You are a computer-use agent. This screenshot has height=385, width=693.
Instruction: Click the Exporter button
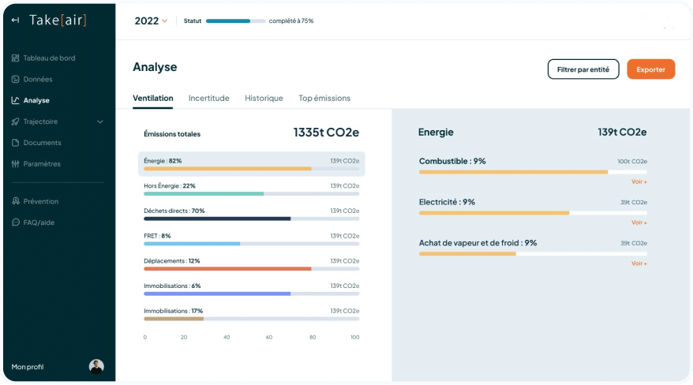pyautogui.click(x=650, y=69)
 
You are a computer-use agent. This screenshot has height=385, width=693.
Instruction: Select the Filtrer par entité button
pyautogui.click(x=582, y=69)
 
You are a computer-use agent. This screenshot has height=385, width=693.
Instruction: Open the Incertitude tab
pyautogui.click(x=208, y=99)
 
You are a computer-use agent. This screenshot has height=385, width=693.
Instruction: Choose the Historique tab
pyautogui.click(x=264, y=99)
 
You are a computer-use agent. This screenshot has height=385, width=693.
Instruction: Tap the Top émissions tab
pyautogui.click(x=324, y=99)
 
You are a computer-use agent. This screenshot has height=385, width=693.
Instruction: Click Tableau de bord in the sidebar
pyautogui.click(x=49, y=58)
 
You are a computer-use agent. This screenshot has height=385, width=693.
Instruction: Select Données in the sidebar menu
pyautogui.click(x=38, y=80)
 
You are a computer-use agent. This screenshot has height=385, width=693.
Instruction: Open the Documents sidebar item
pyautogui.click(x=42, y=143)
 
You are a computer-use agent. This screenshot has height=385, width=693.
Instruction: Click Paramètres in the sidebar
pyautogui.click(x=42, y=164)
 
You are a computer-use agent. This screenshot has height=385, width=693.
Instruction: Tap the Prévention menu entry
pyautogui.click(x=40, y=201)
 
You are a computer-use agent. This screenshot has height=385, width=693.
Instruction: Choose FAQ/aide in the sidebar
pyautogui.click(x=39, y=222)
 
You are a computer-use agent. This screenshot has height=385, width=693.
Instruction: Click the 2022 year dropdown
pyautogui.click(x=151, y=21)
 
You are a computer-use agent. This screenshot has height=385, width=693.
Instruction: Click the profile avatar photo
pyautogui.click(x=96, y=366)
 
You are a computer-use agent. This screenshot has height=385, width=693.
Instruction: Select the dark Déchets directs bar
pyautogui.click(x=217, y=219)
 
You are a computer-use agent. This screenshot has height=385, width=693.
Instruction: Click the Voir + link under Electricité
pyautogui.click(x=639, y=222)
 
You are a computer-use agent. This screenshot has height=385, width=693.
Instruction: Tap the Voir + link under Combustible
pyautogui.click(x=639, y=181)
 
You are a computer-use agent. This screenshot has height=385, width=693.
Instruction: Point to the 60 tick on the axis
pyautogui.click(x=269, y=337)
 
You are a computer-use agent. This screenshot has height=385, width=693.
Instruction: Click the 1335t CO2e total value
pyautogui.click(x=326, y=133)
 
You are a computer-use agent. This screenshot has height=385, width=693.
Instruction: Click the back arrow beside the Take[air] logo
pyautogui.click(x=15, y=21)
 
